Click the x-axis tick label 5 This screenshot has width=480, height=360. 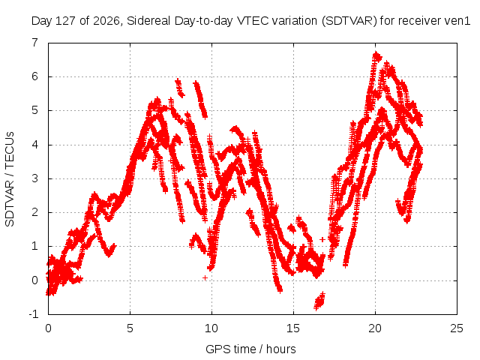click(130, 328)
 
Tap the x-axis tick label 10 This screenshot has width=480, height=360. click(211, 328)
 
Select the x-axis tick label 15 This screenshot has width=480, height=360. click(293, 328)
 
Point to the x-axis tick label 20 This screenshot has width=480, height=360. click(375, 328)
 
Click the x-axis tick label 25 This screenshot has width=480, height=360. click(457, 328)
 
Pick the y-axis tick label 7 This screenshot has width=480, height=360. click(35, 43)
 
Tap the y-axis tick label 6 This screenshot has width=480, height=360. click(35, 76)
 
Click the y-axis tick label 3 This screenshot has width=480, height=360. click(35, 178)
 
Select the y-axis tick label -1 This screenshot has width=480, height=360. click(34, 314)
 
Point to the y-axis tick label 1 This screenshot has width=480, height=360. click(35, 246)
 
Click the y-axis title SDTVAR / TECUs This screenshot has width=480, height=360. click(10, 179)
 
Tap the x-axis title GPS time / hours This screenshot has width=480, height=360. click(250, 349)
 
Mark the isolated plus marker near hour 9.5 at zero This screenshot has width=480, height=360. click(205, 278)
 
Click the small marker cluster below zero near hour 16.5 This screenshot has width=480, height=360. click(319, 301)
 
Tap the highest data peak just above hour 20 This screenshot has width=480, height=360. click(376, 55)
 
